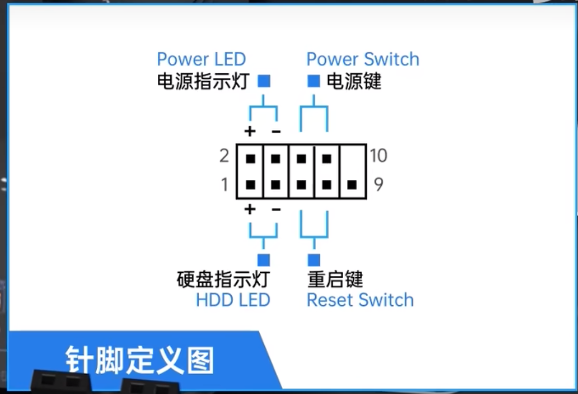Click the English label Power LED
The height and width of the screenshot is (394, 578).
tap(201, 59)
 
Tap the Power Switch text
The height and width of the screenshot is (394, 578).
tap(363, 59)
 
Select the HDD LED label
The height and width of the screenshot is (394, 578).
tap(233, 300)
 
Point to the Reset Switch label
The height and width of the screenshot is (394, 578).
tap(360, 300)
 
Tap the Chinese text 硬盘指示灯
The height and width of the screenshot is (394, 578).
tap(223, 279)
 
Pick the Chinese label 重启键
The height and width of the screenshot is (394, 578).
tap(335, 279)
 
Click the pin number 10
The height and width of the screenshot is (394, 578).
tap(379, 155)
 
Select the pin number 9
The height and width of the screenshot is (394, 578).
tap(378, 184)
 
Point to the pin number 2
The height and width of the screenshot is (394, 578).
tap(224, 156)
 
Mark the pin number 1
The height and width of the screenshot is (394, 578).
tap(225, 185)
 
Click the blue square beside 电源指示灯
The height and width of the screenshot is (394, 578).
tap(264, 81)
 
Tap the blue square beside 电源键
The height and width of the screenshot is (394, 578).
tap(314, 81)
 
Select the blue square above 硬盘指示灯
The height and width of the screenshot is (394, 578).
tap(264, 260)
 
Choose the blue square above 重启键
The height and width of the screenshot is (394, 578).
tap(314, 260)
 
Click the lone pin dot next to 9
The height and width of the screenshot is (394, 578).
tap(351, 184)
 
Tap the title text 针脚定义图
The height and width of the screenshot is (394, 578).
tap(139, 361)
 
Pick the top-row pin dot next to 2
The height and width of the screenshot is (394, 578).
tap(250, 159)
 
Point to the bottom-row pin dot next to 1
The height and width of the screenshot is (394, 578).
tap(250, 184)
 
